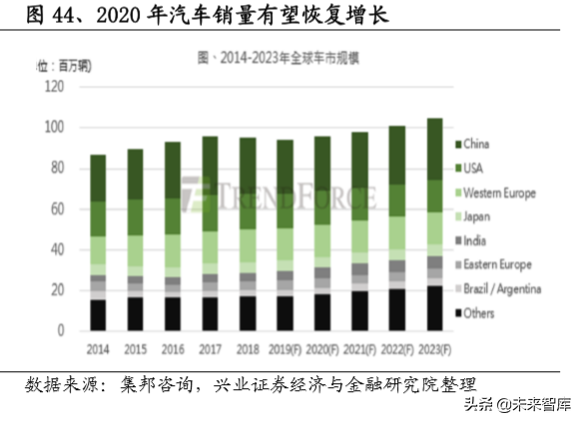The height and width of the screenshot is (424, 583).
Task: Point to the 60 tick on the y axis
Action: click(57, 210)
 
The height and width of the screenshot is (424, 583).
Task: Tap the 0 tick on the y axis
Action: click(60, 330)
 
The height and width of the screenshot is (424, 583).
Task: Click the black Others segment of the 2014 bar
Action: click(98, 315)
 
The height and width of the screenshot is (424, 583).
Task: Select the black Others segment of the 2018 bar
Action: click(248, 313)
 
